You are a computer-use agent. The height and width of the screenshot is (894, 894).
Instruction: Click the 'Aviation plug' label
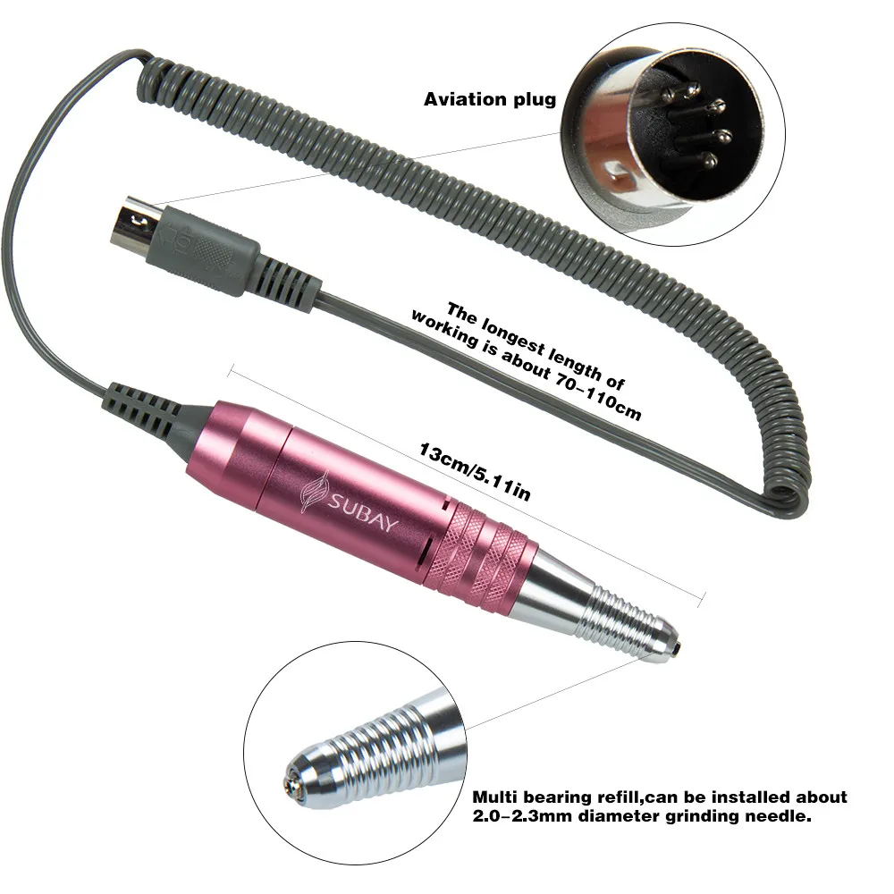click(489, 99)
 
